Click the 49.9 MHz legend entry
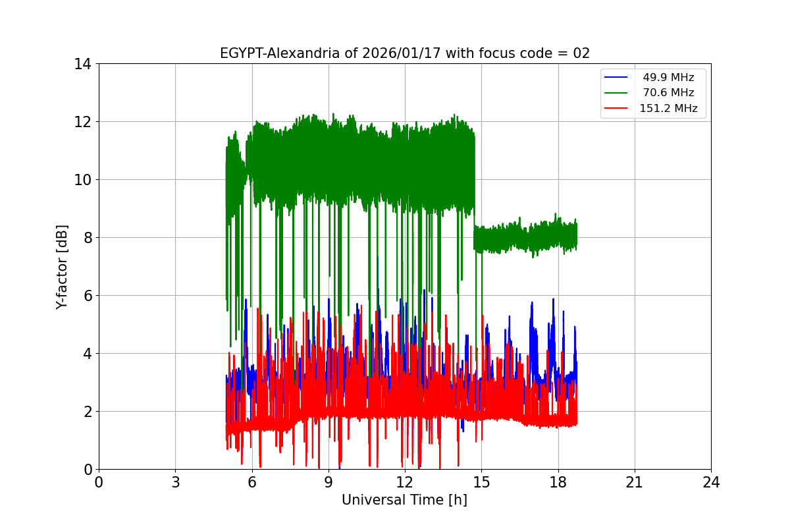pos(668,78)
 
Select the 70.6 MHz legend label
pos(668,93)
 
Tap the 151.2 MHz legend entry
pos(668,109)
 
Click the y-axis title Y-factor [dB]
pos(62,267)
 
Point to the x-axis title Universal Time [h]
pos(404,500)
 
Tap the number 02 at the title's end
pos(581,53)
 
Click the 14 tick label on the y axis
pos(83,64)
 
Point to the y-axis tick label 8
pos(87,237)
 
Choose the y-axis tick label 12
pos(83,122)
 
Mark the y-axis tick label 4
pos(87,354)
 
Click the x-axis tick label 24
pos(711,482)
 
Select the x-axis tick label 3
pos(175,482)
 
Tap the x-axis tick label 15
pos(481,482)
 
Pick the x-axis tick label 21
pos(635,482)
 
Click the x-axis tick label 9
pos(329,482)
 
